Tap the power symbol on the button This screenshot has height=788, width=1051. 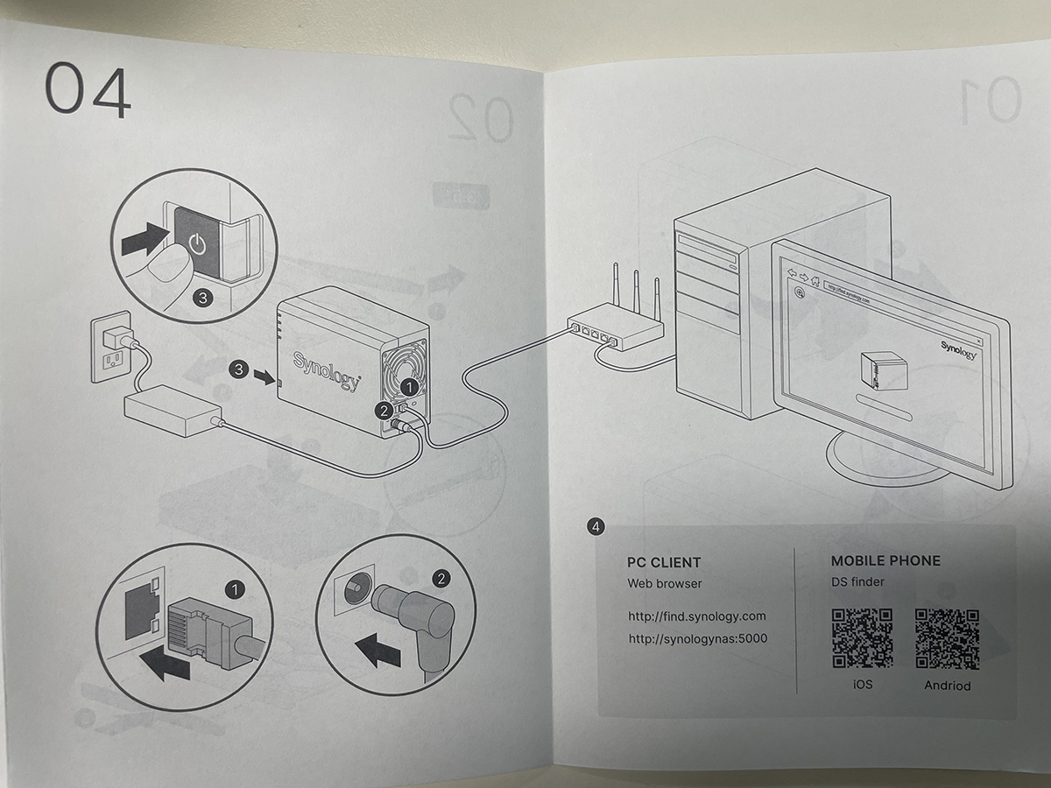(198, 243)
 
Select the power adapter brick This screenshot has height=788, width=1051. (173, 414)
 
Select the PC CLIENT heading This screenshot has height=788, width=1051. (664, 562)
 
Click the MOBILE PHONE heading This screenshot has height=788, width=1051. (885, 560)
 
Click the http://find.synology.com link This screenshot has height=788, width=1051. (697, 616)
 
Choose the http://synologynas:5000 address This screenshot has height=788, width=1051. (697, 638)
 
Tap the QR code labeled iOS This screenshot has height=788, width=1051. (862, 639)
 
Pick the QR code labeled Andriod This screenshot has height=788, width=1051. (947, 639)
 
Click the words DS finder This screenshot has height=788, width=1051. (857, 582)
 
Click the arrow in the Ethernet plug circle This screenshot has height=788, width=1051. (165, 665)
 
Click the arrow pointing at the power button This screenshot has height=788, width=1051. (144, 238)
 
